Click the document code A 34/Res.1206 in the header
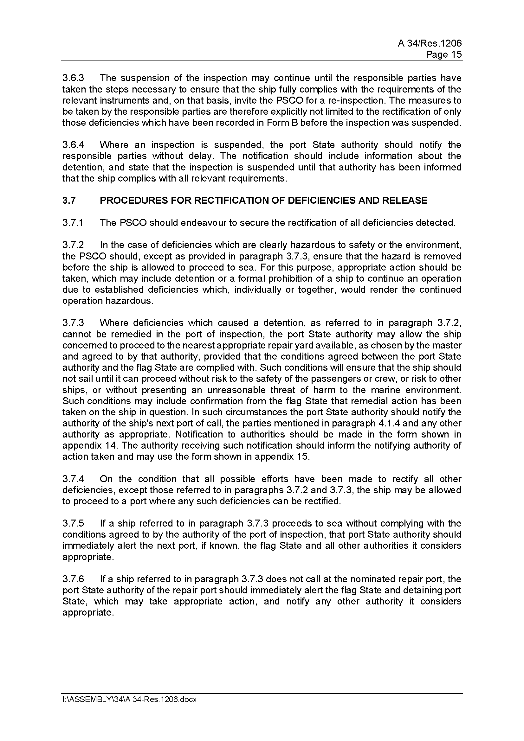coord(430,43)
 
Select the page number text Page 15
coord(443,54)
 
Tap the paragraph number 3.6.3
coord(73,78)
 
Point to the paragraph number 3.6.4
coord(73,145)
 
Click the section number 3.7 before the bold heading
coord(69,201)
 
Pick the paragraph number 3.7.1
coord(73,223)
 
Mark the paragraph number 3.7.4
coord(73,479)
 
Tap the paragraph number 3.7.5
coord(73,523)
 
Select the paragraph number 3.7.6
coord(73,579)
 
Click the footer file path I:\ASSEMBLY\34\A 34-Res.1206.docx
coord(129,700)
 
